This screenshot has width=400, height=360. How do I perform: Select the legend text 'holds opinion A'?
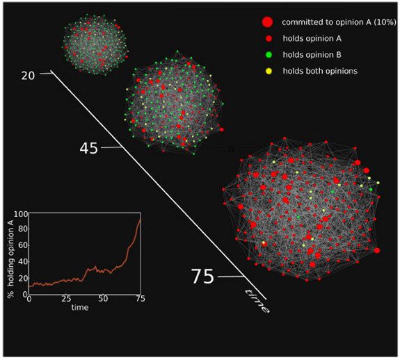click(307, 38)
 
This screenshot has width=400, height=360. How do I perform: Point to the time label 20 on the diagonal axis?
click(29, 75)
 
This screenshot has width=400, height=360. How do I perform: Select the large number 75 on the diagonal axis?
click(202, 277)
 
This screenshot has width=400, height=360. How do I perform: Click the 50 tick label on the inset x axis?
click(104, 300)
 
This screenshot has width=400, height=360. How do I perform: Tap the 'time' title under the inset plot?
click(84, 307)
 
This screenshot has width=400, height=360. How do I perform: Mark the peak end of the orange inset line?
click(140, 220)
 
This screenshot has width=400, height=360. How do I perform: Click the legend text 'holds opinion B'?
click(307, 54)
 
